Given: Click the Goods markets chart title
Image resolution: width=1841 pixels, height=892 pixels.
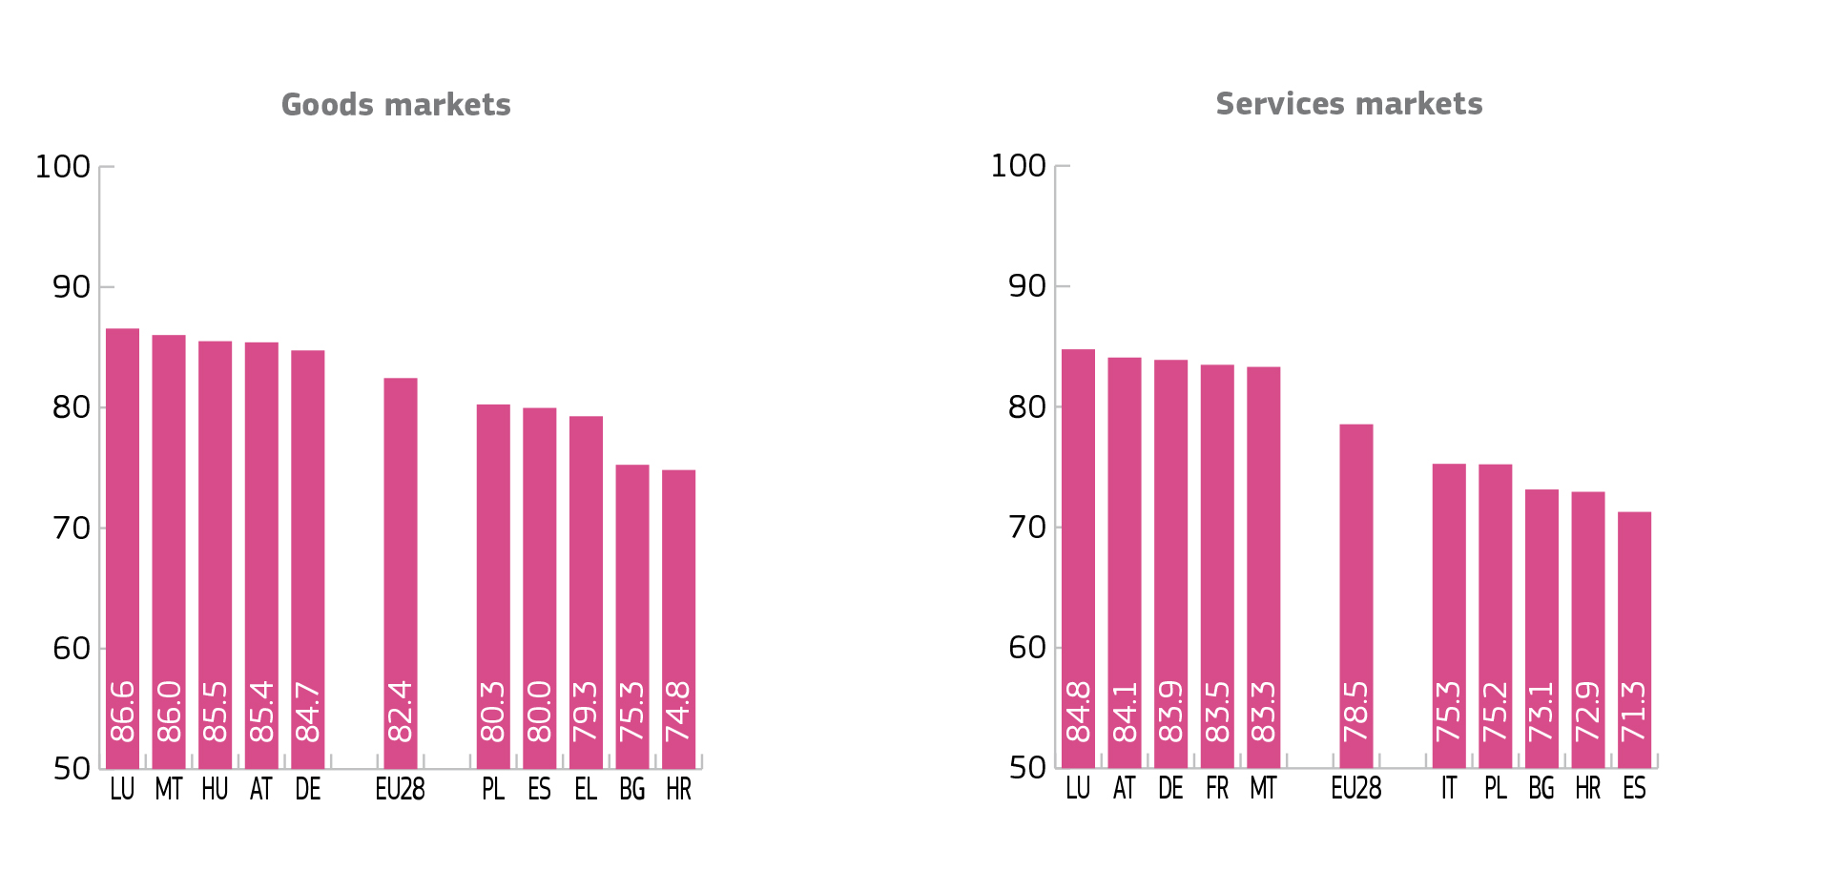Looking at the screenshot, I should coord(396,105).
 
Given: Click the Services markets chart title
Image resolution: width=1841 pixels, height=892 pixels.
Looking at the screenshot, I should coord(1349,104).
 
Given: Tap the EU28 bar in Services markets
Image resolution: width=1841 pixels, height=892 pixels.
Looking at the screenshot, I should coord(1355,572).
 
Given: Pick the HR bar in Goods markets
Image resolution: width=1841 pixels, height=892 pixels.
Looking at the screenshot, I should coord(678,591).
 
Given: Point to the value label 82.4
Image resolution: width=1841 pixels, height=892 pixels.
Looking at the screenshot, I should coord(401,712).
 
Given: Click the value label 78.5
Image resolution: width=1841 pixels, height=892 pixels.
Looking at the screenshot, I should coord(1355,712).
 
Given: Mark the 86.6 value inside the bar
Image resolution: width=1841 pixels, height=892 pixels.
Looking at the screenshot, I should coord(123,712).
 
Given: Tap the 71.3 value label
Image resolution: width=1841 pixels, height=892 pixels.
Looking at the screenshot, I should coord(1634,712).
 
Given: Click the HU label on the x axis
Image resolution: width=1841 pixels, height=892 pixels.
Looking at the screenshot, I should coord(215,790).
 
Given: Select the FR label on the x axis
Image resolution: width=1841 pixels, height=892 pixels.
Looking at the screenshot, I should coord(1217,789).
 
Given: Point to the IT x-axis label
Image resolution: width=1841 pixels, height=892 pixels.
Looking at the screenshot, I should coord(1449,789).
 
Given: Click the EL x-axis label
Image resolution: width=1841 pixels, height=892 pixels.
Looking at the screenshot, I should coord(586,790).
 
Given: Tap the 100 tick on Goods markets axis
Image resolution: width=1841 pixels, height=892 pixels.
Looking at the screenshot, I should coord(63,167).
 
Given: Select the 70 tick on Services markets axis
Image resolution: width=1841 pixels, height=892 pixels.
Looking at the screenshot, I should coord(1027,527).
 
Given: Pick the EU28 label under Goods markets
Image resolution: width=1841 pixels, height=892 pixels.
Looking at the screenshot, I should coord(401,790).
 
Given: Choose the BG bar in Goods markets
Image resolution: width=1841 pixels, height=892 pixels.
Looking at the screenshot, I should coord(632,591).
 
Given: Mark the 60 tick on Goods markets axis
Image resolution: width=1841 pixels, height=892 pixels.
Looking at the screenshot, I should coord(72,649).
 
